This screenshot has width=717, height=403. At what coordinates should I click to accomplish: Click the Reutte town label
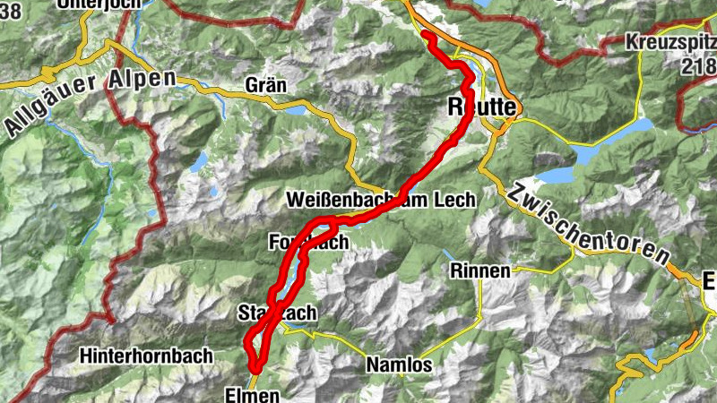[481, 108]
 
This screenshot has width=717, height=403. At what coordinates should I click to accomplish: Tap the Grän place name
[264, 86]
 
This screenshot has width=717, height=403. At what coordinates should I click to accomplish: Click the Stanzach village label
[277, 313]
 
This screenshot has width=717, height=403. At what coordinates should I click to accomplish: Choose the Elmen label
[253, 394]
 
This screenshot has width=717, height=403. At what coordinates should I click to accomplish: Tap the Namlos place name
[399, 365]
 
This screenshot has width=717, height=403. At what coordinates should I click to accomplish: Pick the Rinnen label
[480, 270]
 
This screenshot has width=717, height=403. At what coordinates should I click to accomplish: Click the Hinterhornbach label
[146, 356]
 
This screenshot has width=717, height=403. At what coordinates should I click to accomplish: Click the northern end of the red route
[426, 37]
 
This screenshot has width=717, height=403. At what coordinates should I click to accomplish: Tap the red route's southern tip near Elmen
[255, 367]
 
